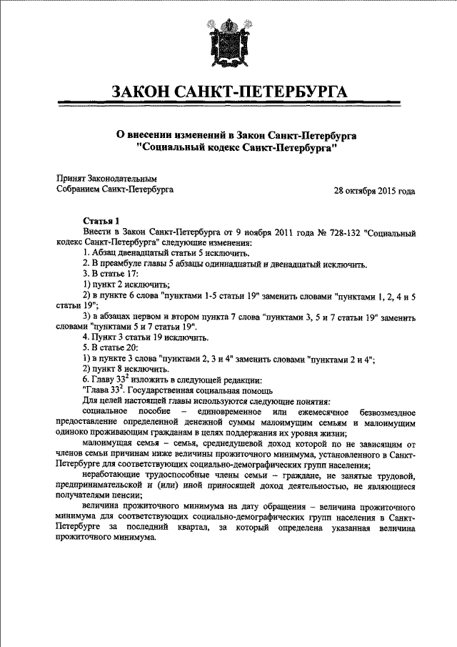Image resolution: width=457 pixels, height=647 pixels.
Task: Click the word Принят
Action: coord(71,178)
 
